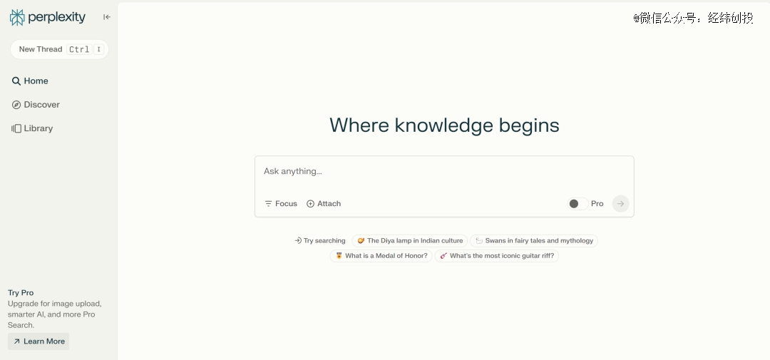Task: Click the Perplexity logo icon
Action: pyautogui.click(x=17, y=17)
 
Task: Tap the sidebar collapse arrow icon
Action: pyautogui.click(x=106, y=17)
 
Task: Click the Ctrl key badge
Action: pyautogui.click(x=79, y=49)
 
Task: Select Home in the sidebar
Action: pyautogui.click(x=30, y=81)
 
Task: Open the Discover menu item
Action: pyautogui.click(x=36, y=105)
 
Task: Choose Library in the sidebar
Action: pyautogui.click(x=32, y=128)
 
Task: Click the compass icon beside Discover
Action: pyautogui.click(x=16, y=105)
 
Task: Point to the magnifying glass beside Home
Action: pyautogui.click(x=16, y=81)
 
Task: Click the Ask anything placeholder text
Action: pyautogui.click(x=293, y=171)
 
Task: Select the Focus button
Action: pyautogui.click(x=281, y=203)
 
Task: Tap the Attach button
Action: pyautogui.click(x=324, y=203)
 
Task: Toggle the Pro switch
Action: pyautogui.click(x=577, y=203)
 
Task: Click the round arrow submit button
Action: pyautogui.click(x=620, y=203)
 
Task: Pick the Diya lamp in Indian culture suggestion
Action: pyautogui.click(x=409, y=241)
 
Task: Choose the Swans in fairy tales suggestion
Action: pyautogui.click(x=534, y=241)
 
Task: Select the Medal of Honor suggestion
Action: pyautogui.click(x=381, y=256)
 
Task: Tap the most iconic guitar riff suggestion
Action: pyautogui.click(x=496, y=256)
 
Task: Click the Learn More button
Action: pyautogui.click(x=38, y=341)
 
